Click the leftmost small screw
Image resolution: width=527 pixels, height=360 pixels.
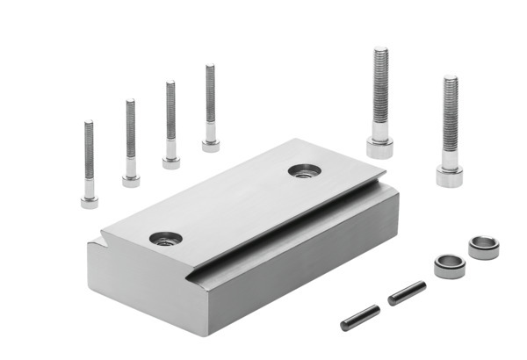89,167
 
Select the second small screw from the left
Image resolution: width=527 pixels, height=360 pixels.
130,145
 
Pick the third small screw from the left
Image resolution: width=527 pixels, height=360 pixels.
170,125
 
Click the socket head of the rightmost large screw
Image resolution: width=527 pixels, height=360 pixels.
449,175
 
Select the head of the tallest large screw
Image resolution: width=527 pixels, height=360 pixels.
379,146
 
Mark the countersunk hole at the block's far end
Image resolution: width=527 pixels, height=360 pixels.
301,170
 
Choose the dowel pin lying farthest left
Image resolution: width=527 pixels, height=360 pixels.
360,317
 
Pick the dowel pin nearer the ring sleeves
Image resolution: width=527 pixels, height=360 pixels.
407,292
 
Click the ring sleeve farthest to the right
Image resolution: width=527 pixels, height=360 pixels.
483,247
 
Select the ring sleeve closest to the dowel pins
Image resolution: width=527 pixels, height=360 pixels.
449,265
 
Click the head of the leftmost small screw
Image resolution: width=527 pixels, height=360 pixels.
89,201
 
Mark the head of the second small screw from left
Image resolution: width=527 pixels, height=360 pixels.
131,180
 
